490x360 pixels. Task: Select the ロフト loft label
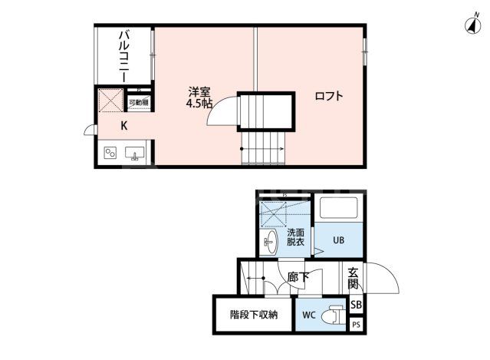328,97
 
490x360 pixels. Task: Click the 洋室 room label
198,92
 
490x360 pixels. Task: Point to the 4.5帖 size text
199,104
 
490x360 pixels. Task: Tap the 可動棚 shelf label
140,102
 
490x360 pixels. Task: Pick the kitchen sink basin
136,152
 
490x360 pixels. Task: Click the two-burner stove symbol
110,152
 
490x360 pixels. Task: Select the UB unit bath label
338,239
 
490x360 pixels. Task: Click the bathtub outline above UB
337,210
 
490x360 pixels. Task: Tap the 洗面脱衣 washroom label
296,236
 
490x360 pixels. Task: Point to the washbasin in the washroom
269,243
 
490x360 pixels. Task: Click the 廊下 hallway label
298,276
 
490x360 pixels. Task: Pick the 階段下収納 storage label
253,315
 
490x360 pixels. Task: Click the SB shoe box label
356,305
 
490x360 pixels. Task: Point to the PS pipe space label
356,325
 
